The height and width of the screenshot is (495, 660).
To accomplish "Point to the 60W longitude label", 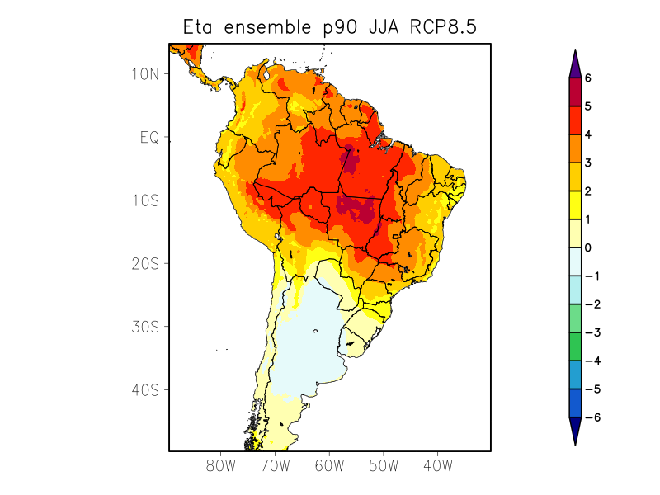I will (x=329, y=465).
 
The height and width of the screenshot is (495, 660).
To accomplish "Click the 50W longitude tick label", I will (x=384, y=465).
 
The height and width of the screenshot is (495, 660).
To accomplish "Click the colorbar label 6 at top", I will (x=587, y=78).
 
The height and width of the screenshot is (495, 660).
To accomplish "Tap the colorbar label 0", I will (x=587, y=247).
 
